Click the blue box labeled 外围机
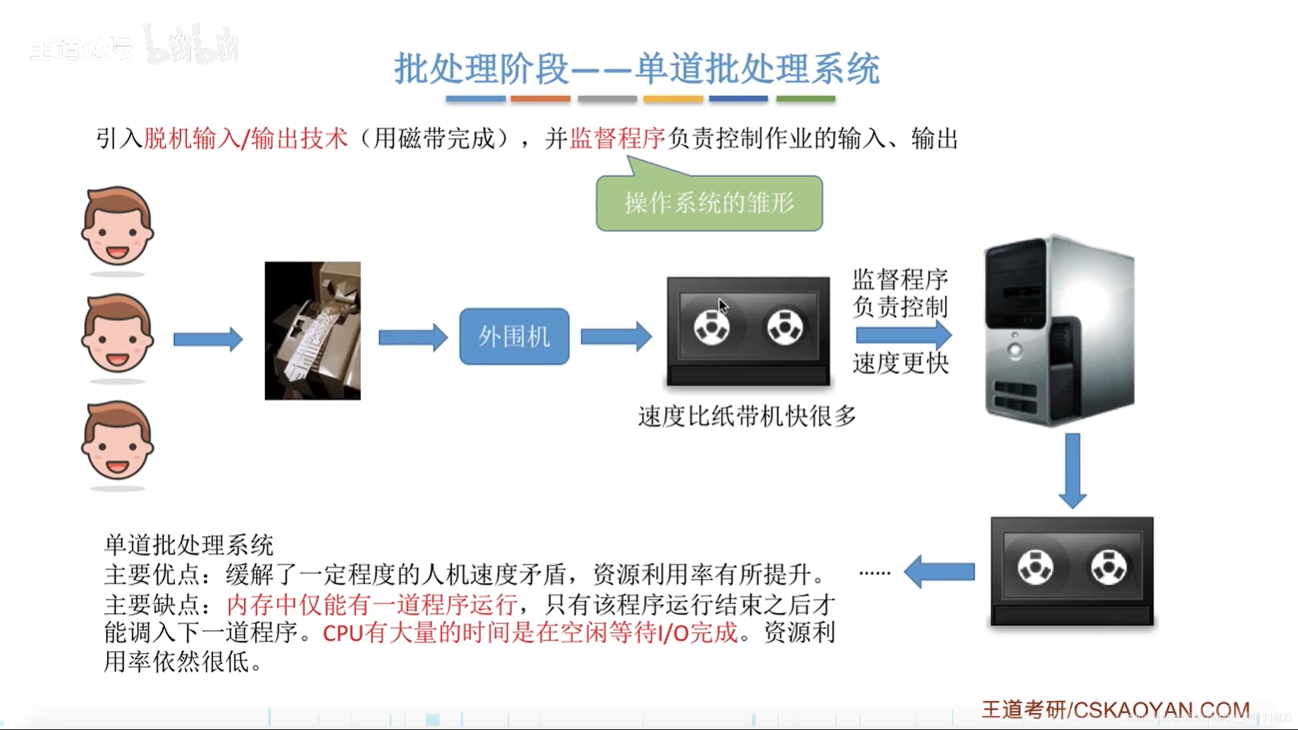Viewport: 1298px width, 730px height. coord(514,337)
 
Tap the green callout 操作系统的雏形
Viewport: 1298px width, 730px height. coord(709,203)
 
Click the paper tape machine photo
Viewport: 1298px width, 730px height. coord(312,331)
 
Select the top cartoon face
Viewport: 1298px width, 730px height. coord(117,226)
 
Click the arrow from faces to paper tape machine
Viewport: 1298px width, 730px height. coord(208,339)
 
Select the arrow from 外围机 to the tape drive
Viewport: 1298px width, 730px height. coord(616,337)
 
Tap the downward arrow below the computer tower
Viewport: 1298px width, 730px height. coord(1072,470)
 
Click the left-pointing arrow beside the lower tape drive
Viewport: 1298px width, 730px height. coord(939,572)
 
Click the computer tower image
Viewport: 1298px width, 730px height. coord(1059,331)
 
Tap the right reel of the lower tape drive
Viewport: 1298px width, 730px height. coord(1109,567)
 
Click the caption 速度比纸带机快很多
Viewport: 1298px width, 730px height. coord(746,416)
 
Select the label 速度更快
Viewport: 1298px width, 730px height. coord(900,364)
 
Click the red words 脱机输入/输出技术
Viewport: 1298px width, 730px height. coord(245,139)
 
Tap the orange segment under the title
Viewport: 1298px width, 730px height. coord(540,99)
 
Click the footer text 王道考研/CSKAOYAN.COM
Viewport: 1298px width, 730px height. coord(1115,710)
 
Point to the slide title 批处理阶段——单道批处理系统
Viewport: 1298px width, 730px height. coord(637,69)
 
